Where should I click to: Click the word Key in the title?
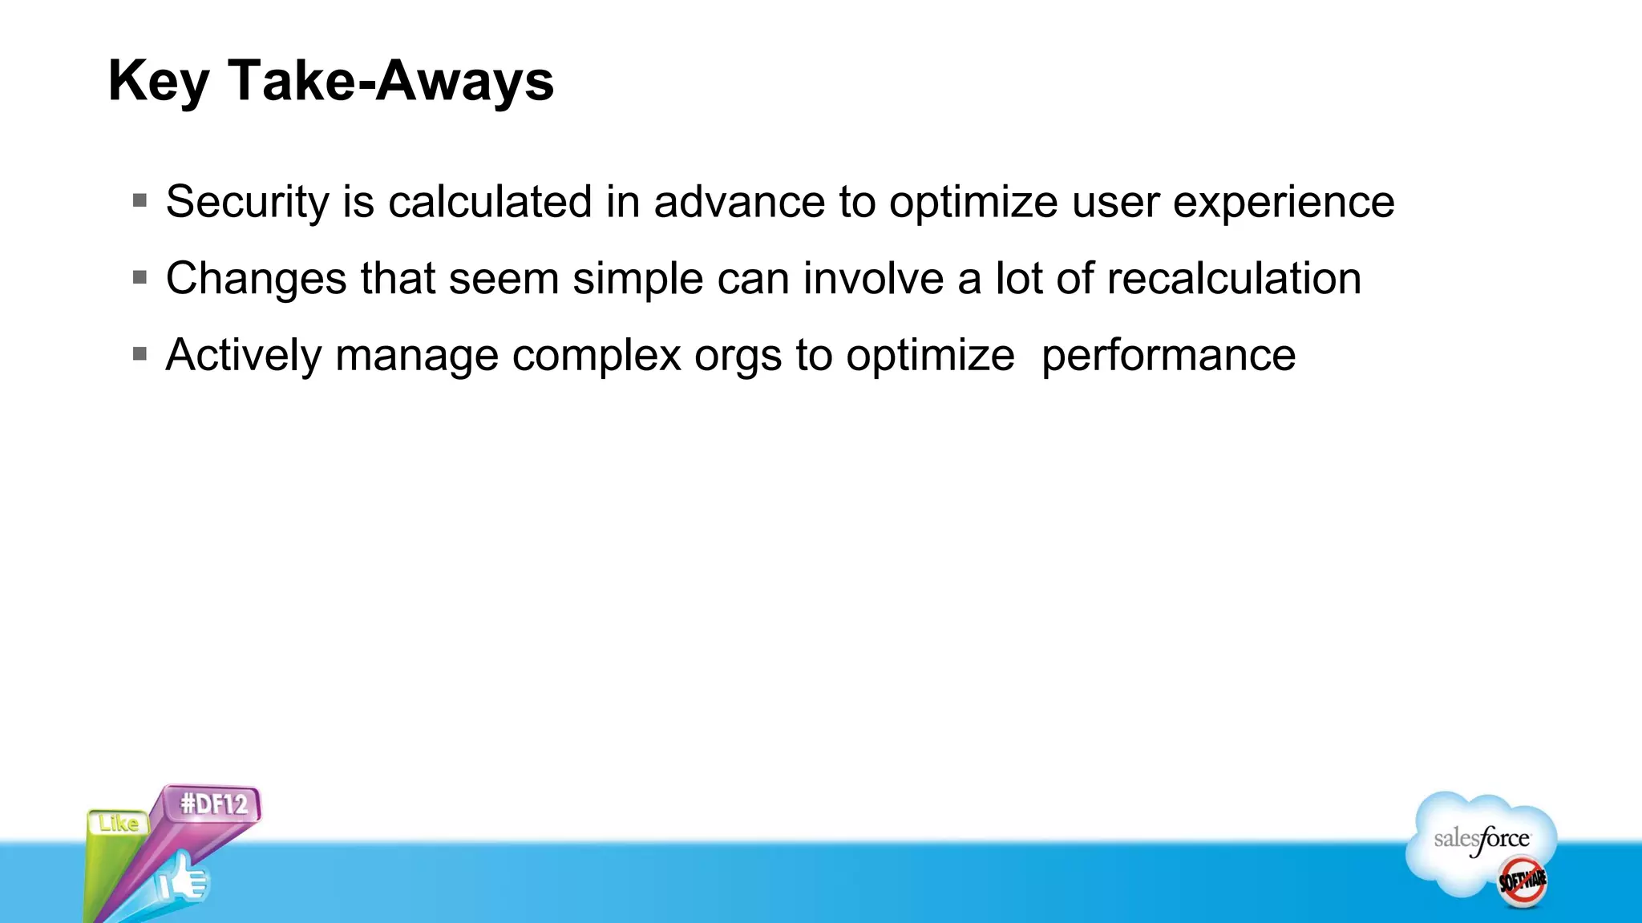pos(159,82)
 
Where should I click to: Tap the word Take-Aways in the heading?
pos(390,82)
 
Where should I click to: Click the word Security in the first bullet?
pos(247,202)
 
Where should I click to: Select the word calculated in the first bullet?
pos(490,202)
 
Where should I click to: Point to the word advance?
pos(739,202)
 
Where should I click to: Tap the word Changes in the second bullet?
pos(257,279)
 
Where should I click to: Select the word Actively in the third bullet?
pos(244,355)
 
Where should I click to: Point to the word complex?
pos(597,355)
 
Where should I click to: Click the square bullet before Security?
pos(140,200)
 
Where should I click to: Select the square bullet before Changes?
pos(140,277)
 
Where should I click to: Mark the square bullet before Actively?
pos(140,353)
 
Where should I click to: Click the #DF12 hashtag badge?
pos(212,804)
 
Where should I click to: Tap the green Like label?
pos(119,824)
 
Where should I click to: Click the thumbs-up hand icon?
pos(182,880)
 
